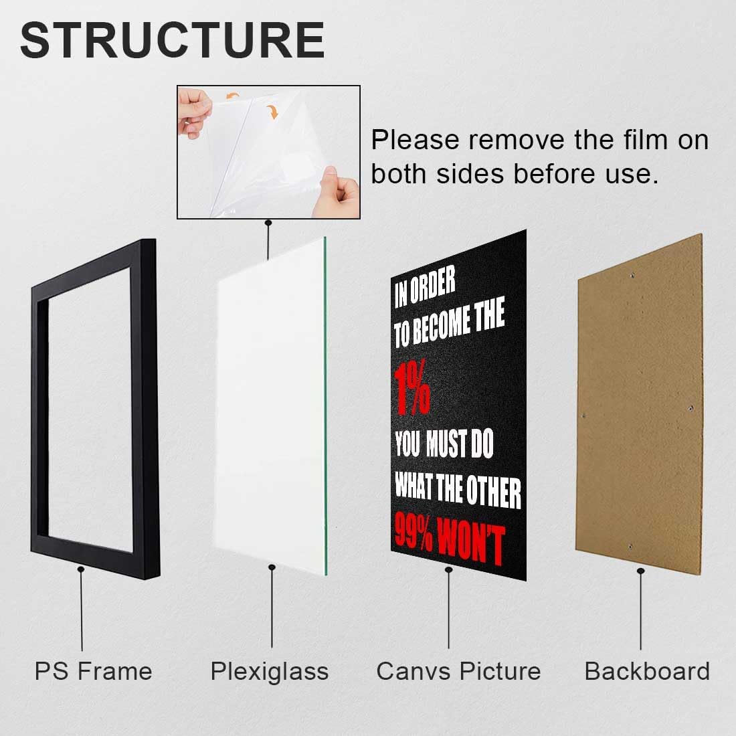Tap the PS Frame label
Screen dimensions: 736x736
93,671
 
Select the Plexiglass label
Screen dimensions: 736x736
270,671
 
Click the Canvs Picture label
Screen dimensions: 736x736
458,671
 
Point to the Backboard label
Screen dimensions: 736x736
647,671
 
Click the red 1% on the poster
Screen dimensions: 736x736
411,389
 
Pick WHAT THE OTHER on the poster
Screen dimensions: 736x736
458,490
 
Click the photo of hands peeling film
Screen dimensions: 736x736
268,152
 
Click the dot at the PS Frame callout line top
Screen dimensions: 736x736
81,569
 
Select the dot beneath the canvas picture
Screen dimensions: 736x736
448,569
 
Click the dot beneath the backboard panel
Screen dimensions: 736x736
641,571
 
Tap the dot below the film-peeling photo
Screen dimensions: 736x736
268,222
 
